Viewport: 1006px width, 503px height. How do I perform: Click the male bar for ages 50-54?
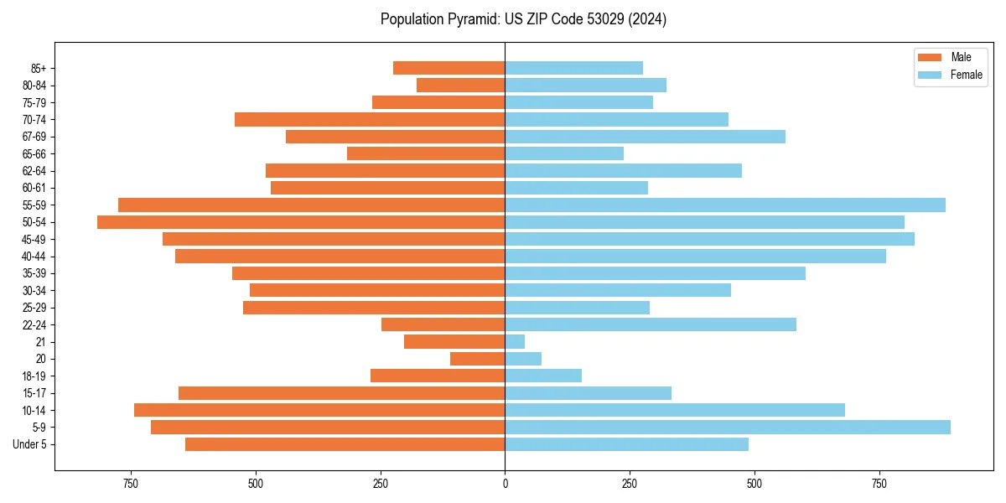coord(301,222)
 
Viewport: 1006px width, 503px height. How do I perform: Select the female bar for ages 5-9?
coord(728,428)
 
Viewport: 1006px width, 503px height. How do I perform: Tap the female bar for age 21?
coord(515,342)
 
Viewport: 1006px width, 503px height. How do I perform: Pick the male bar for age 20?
coord(478,359)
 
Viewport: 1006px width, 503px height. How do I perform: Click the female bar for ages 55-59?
coord(725,205)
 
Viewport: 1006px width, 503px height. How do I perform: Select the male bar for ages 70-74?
coord(370,120)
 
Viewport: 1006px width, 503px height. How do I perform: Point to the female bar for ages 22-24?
coord(651,324)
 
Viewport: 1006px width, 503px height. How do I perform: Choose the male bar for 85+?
coord(449,68)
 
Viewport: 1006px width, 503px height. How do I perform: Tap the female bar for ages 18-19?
coord(543,376)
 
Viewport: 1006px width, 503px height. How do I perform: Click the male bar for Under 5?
coord(345,444)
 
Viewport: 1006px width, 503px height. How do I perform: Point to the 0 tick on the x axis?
coord(505,485)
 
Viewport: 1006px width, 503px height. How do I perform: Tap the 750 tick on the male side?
coord(131,485)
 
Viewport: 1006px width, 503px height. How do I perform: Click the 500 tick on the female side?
coord(754,485)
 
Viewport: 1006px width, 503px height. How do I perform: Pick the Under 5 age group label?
coord(30,444)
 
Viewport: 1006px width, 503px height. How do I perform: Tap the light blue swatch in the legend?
coord(931,75)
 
